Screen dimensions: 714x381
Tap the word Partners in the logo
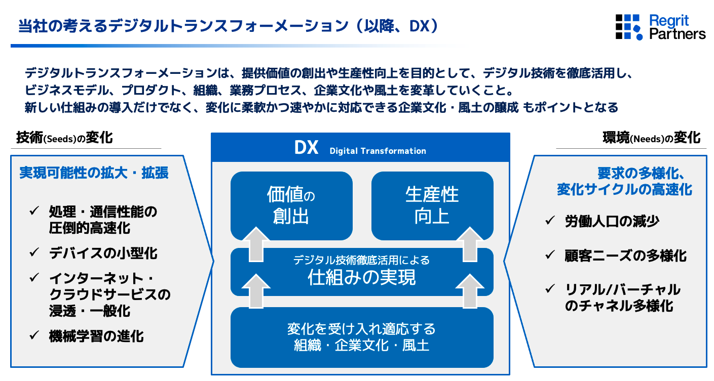pos(678,34)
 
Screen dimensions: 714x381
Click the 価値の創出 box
pos(291,205)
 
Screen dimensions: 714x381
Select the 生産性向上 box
pos(432,205)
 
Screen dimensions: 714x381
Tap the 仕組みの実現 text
pos(361,277)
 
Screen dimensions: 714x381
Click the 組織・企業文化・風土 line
pos(361,346)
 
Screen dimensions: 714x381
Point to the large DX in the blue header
pos(306,148)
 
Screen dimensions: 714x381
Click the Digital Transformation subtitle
pos(378,151)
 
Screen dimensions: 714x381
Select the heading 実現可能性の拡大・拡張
pos(94,173)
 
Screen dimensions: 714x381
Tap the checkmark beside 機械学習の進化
pos(34,335)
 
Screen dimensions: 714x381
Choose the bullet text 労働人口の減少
pos(612,222)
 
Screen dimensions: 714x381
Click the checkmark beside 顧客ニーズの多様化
pos(550,255)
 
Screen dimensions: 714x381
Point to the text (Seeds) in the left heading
pos(60,139)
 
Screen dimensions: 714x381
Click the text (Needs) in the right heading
pos(648,139)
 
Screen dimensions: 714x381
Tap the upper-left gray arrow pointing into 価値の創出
pos(256,244)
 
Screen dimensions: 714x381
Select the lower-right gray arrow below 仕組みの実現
pos(470,291)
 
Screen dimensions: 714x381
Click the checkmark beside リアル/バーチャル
pos(550,289)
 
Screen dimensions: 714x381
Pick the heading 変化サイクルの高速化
pos(624,189)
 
